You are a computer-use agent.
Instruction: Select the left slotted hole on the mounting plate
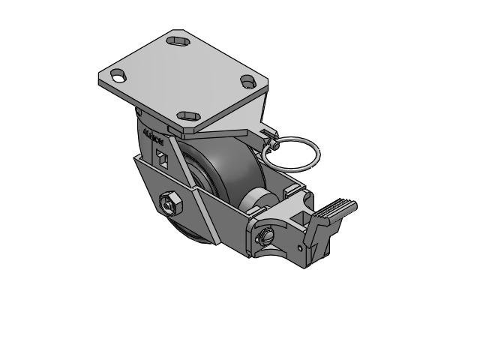(118, 74)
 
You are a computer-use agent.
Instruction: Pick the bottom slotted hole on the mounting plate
(187, 116)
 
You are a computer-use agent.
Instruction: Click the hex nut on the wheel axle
(169, 202)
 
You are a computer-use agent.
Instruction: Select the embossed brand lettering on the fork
(153, 138)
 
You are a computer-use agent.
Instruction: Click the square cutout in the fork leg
(162, 157)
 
